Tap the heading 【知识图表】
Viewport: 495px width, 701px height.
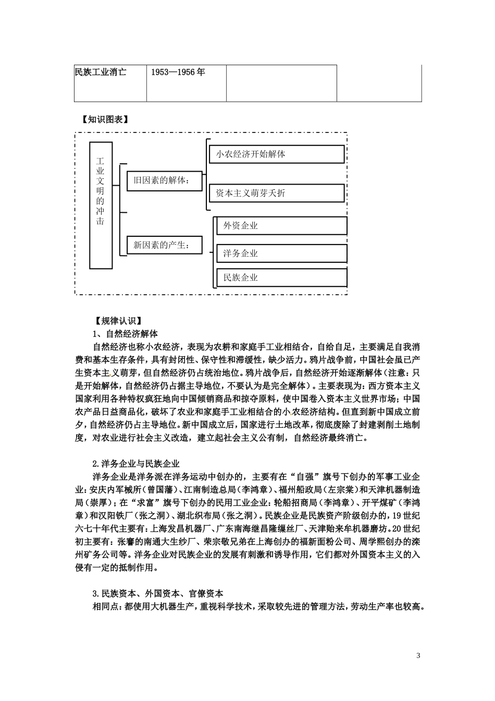pyautogui.click(x=106, y=119)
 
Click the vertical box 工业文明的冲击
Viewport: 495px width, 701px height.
pyautogui.click(x=101, y=205)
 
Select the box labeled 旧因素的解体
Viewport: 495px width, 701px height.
pyautogui.click(x=165, y=180)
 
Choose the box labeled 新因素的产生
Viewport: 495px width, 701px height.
pyautogui.click(x=165, y=244)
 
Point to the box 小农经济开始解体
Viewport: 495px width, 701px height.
pyautogui.click(x=277, y=154)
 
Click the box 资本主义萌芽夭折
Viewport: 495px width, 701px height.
pyautogui.click(x=277, y=193)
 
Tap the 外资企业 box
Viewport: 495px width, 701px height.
pyautogui.click(x=281, y=225)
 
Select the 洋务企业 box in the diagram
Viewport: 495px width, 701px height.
pyautogui.click(x=281, y=253)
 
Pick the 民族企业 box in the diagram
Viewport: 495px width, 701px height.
pyautogui.click(x=281, y=277)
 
